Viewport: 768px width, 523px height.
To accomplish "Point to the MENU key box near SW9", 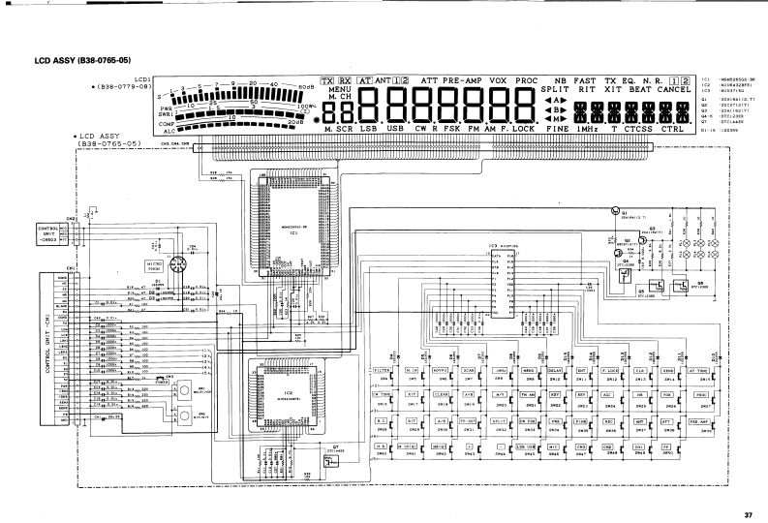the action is [529, 371].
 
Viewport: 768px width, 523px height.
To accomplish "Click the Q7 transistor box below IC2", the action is [334, 461].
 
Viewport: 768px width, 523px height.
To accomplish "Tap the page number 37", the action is [747, 513].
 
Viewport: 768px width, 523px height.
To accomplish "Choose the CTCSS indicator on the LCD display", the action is [639, 128].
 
